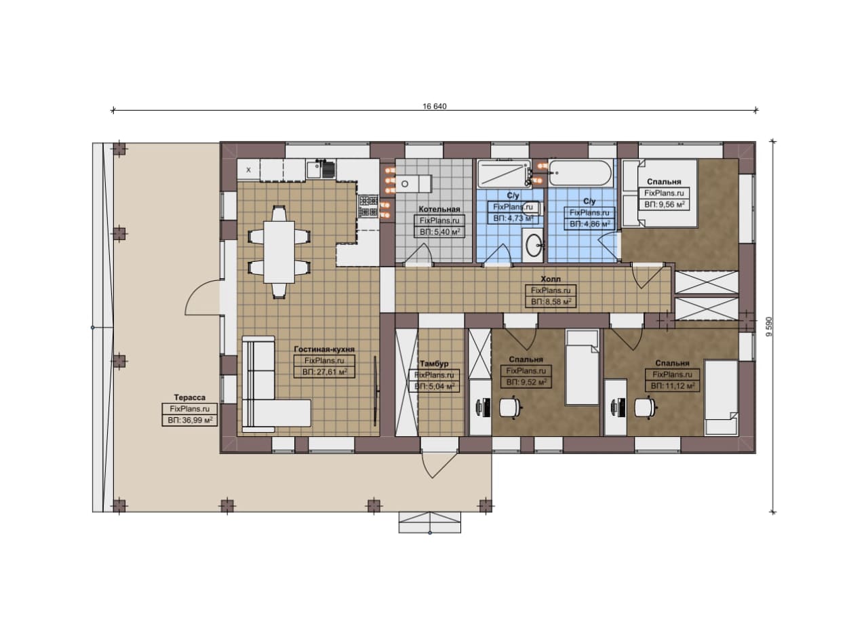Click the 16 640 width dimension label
[435, 107]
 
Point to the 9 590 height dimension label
[769, 327]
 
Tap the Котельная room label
[439, 210]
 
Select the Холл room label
[551, 279]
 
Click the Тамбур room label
[435, 364]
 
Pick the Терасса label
[189, 398]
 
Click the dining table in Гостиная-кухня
[279, 252]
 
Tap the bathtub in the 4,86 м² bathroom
[580, 173]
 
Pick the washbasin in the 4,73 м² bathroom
[534, 245]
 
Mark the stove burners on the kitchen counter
[368, 206]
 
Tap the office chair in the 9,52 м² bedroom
[511, 408]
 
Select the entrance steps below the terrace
[430, 522]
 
